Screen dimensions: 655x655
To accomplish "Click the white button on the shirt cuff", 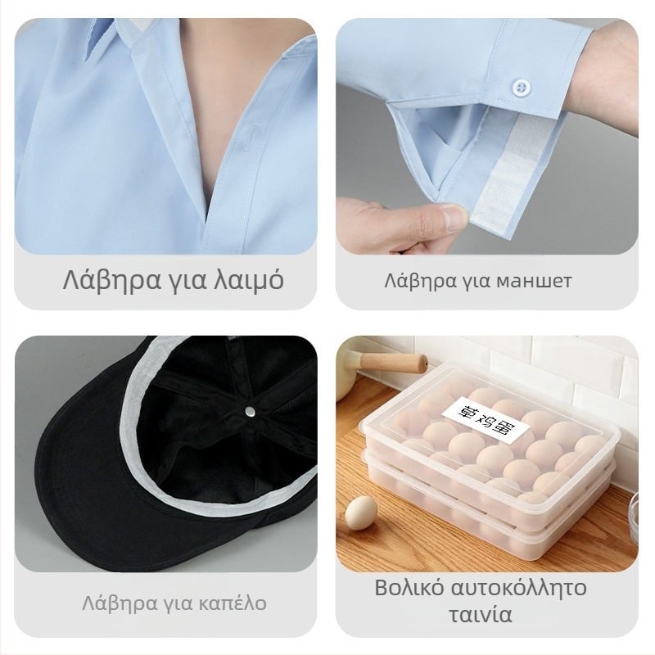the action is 521,88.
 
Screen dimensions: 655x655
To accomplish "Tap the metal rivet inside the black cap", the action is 251,413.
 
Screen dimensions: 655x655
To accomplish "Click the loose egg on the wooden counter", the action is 361,513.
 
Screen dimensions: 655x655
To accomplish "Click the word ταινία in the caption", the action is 481,615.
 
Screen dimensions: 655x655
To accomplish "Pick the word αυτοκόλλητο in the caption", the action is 520,587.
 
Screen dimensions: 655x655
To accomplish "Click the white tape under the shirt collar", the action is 133,34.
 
